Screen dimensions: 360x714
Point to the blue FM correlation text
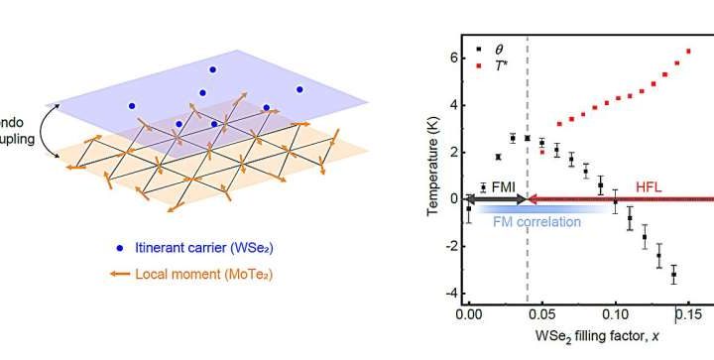tap(536, 221)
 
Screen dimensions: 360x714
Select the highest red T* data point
tap(688, 52)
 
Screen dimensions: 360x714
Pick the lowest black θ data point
tap(673, 274)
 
